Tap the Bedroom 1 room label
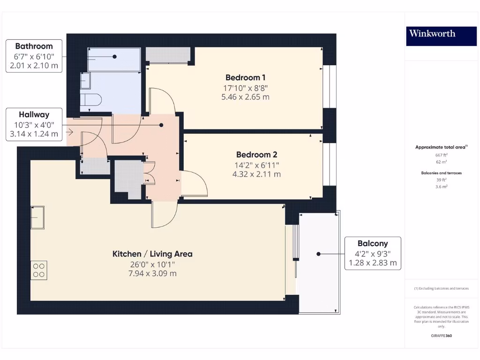pos(245,77)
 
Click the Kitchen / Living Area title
pos(152,254)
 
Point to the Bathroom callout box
pos(34,56)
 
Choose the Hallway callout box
pos(34,124)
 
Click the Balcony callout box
pos(373,253)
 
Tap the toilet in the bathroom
pos(90,100)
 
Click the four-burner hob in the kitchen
pos(39,270)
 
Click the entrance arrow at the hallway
pos(70,132)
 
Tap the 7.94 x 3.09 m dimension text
pos(152,274)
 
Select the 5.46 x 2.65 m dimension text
pos(245,97)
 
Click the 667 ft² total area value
pos(441,155)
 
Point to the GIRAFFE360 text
pos(441,336)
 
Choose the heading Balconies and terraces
pos(441,173)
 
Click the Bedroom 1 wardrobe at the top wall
pos(168,55)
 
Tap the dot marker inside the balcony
pos(318,254)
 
